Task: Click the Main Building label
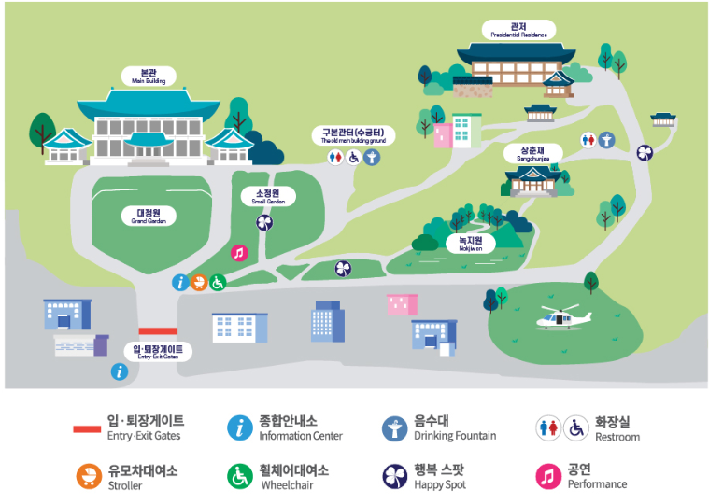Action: click(x=147, y=76)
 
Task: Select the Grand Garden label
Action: click(x=148, y=216)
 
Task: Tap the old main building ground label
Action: click(x=353, y=135)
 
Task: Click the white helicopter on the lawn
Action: click(x=564, y=319)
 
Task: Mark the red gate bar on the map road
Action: click(x=158, y=331)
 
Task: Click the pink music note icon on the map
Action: click(x=239, y=252)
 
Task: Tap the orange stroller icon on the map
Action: click(x=199, y=282)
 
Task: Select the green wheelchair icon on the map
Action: click(x=218, y=282)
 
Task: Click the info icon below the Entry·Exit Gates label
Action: click(x=120, y=371)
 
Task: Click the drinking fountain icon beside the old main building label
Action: click(x=372, y=158)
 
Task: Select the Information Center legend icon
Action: click(x=240, y=427)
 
